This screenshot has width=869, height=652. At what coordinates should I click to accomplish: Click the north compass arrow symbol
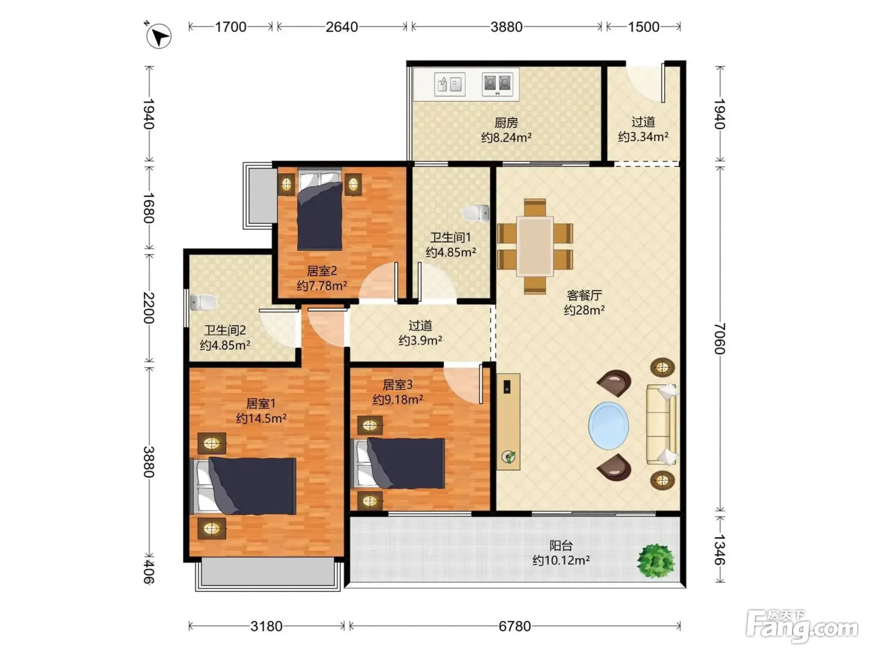click(x=158, y=36)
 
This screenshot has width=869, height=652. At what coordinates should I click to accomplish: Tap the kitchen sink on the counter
click(x=450, y=84)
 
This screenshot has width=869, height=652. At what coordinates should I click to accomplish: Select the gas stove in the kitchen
click(x=497, y=84)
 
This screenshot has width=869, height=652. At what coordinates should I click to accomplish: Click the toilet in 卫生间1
click(x=476, y=213)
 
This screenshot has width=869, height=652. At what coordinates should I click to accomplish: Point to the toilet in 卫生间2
click(x=203, y=302)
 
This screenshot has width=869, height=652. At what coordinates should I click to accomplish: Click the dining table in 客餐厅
click(x=535, y=247)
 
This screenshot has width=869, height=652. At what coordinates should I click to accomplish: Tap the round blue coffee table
click(x=608, y=426)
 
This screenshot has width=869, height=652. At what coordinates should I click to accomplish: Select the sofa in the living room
click(x=662, y=424)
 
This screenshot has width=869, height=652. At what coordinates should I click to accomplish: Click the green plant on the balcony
click(x=655, y=561)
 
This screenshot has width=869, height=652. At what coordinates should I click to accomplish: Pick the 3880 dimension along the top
click(x=507, y=27)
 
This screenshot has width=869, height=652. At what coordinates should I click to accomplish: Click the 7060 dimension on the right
click(x=719, y=338)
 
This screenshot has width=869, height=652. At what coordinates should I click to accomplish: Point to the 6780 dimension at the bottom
click(x=515, y=627)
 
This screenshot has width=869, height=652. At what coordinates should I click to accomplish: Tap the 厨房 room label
click(x=506, y=123)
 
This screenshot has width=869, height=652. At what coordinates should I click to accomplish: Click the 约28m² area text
click(x=584, y=310)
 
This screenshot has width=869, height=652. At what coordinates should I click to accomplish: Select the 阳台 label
click(x=561, y=546)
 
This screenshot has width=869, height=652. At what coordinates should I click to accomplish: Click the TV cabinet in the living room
click(x=508, y=422)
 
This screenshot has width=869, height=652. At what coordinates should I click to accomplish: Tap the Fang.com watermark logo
click(x=802, y=627)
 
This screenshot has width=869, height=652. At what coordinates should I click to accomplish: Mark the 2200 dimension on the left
click(x=149, y=307)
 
